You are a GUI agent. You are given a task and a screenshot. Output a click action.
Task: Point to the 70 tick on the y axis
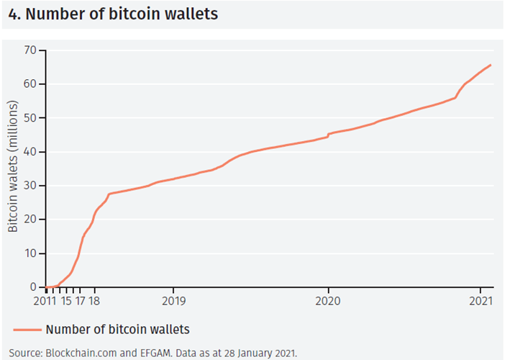(29, 50)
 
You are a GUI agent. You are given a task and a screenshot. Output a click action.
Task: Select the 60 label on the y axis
(29, 84)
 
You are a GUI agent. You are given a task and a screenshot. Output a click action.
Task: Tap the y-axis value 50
(29, 118)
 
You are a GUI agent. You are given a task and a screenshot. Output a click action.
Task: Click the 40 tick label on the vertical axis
(29, 152)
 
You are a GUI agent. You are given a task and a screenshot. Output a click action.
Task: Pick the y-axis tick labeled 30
(29, 186)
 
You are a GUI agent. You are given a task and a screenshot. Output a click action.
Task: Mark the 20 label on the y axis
(29, 220)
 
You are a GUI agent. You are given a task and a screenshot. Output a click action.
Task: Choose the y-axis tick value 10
(29, 253)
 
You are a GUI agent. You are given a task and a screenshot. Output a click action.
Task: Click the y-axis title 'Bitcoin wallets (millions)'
(13, 168)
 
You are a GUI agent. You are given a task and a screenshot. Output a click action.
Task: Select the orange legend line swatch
(27, 330)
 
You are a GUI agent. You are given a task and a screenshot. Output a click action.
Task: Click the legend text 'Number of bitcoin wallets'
(117, 330)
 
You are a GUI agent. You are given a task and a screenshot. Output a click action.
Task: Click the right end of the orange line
(491, 65)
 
